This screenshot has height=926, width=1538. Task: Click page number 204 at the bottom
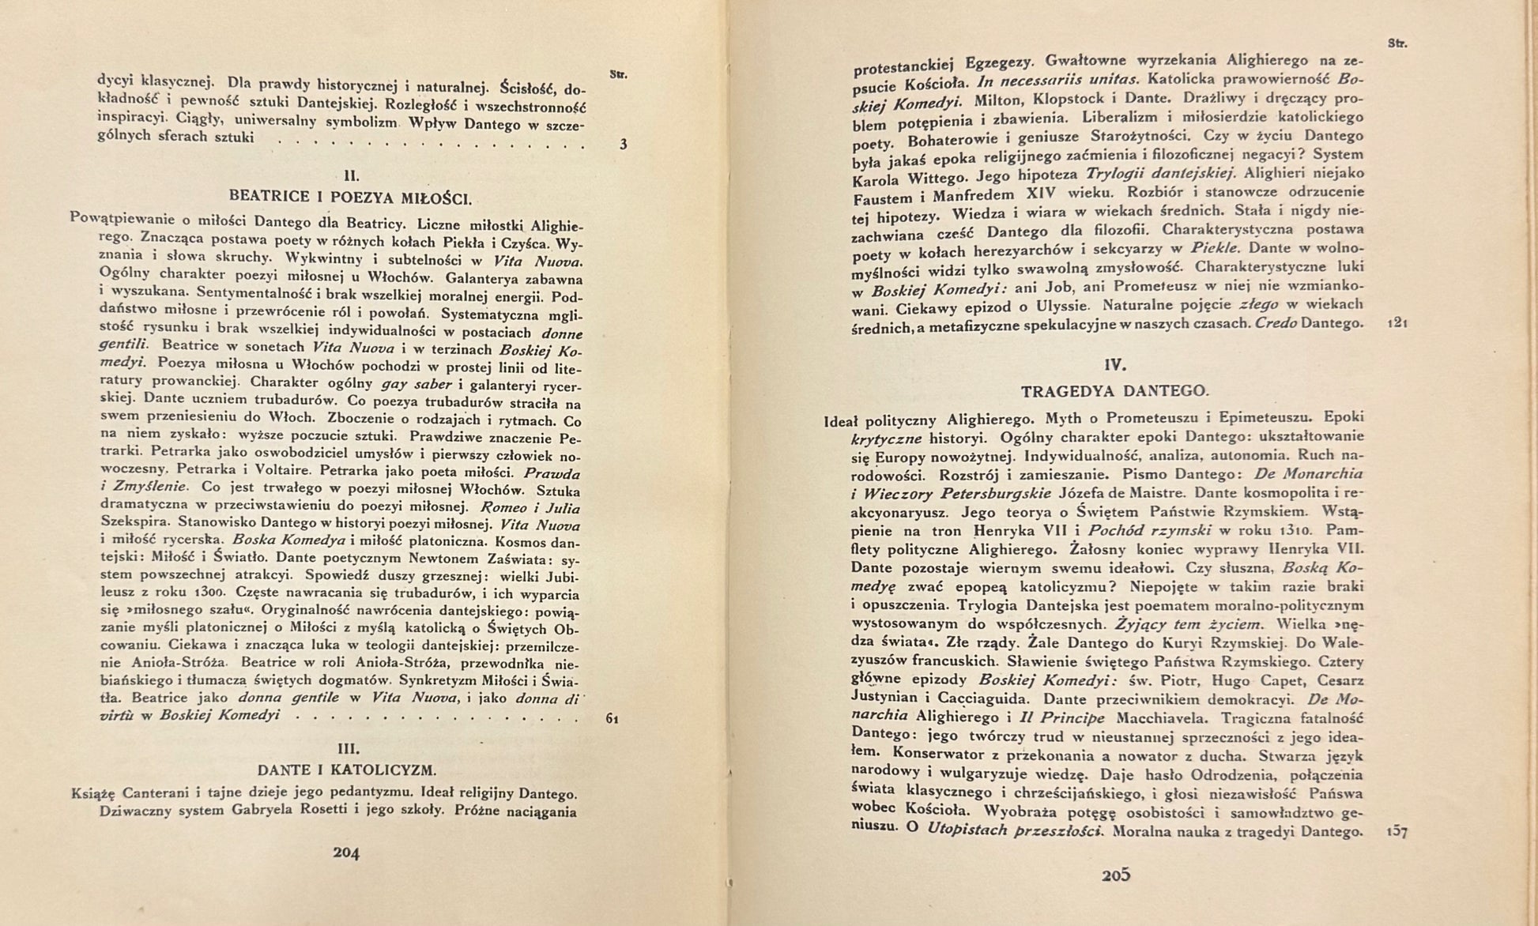(346, 853)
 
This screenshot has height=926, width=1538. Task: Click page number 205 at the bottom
(1115, 875)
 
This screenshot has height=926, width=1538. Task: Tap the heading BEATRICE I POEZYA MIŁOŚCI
(349, 197)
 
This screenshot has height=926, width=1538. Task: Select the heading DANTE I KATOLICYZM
(346, 769)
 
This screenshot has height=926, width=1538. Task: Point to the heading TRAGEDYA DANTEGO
(1114, 391)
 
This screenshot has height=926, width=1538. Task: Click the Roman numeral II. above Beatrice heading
(352, 175)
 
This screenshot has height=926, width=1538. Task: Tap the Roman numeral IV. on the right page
(1115, 365)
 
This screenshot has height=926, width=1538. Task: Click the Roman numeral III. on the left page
(348, 747)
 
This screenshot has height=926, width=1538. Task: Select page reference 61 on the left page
(612, 719)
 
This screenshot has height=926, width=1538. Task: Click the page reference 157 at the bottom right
(1397, 832)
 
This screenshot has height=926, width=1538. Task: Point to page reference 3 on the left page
(623, 145)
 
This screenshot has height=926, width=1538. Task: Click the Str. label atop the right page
(1397, 44)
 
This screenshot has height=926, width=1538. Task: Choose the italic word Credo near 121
(1276, 324)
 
